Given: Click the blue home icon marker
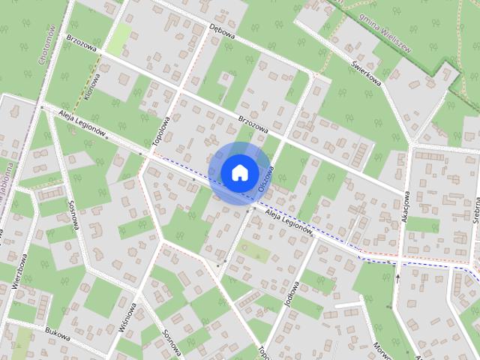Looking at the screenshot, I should (238, 172).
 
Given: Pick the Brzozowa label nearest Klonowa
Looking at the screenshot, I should (82, 46).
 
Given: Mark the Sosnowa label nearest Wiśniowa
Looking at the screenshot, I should (173, 341).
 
